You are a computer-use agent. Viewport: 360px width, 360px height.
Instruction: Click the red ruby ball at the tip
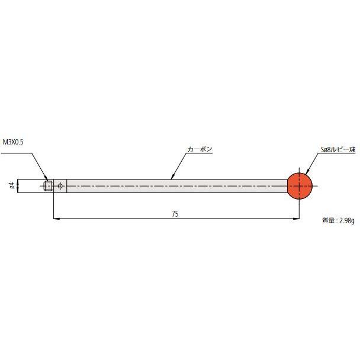pos(300,186)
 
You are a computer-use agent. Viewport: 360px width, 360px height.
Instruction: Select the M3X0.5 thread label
pos(13,142)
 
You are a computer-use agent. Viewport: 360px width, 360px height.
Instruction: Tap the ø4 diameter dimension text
pos(12,185)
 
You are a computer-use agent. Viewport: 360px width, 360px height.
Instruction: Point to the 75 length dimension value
pos(175,214)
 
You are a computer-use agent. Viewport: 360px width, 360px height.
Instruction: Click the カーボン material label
pos(200,149)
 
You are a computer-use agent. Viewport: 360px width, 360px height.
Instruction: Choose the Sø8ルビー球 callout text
pos(338,150)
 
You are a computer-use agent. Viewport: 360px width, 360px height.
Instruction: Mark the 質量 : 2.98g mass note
pos(338,221)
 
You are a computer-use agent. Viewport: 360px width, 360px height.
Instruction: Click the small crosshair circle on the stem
pos(60,186)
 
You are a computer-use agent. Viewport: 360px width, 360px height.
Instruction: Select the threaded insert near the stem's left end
pos(48,186)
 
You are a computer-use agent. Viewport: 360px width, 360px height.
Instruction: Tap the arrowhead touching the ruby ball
pos(307,172)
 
